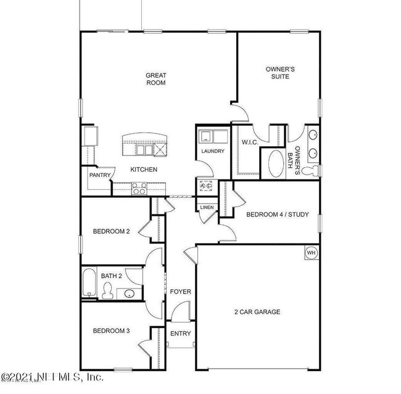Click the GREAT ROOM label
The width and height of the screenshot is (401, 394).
click(x=155, y=79)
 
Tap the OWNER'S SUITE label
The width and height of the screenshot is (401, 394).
click(x=279, y=73)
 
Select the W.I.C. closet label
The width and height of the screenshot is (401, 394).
click(x=249, y=142)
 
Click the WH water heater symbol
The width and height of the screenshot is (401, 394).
click(x=311, y=253)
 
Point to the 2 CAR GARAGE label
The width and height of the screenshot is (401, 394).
click(x=257, y=312)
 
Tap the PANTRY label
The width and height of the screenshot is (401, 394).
click(x=99, y=175)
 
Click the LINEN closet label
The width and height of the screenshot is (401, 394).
click(x=207, y=207)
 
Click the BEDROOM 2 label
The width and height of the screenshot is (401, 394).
click(x=111, y=232)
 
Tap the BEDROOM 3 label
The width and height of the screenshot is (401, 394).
click(x=111, y=331)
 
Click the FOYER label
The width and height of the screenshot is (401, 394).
click(x=181, y=292)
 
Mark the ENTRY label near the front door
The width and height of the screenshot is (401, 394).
click(x=181, y=334)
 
